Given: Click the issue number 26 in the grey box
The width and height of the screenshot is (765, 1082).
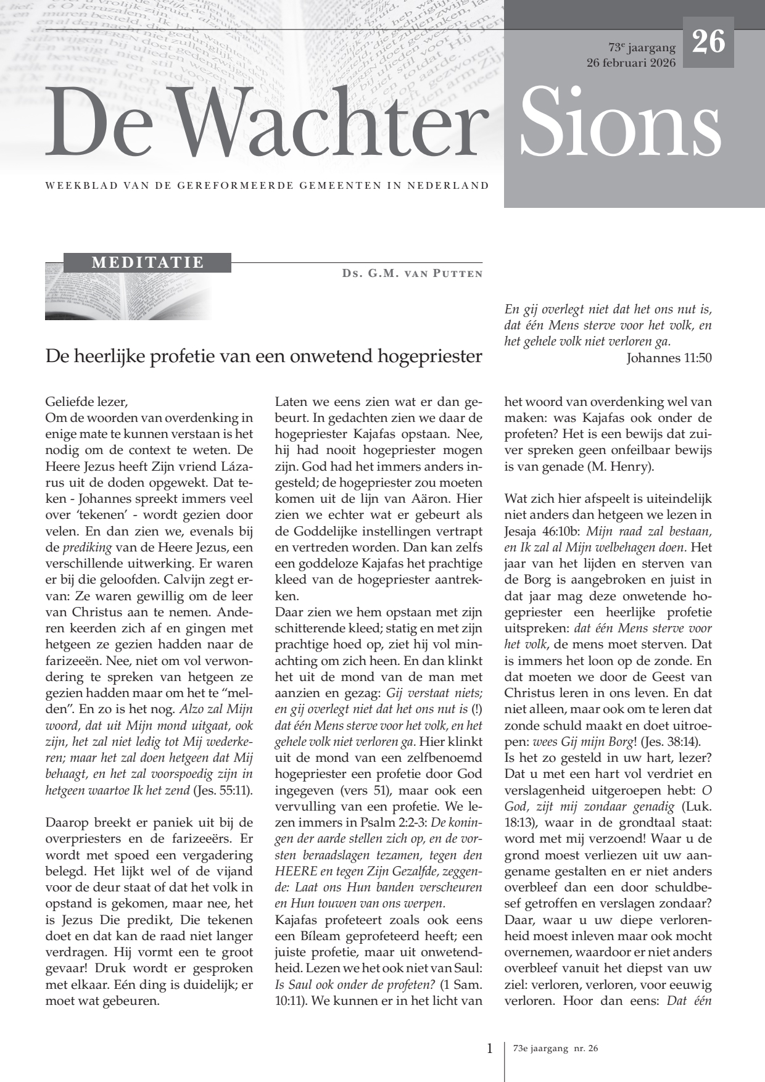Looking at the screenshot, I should point(708,43).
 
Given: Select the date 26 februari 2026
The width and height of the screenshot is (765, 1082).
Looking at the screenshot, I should point(631,63).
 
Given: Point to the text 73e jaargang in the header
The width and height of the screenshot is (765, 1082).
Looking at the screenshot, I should point(642,47).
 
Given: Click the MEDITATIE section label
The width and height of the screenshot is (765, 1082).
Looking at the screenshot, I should point(147,262).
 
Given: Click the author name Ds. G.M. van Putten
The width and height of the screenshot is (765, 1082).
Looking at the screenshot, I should point(412,273).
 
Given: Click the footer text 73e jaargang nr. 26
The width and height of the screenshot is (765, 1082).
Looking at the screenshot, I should point(555,1049).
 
